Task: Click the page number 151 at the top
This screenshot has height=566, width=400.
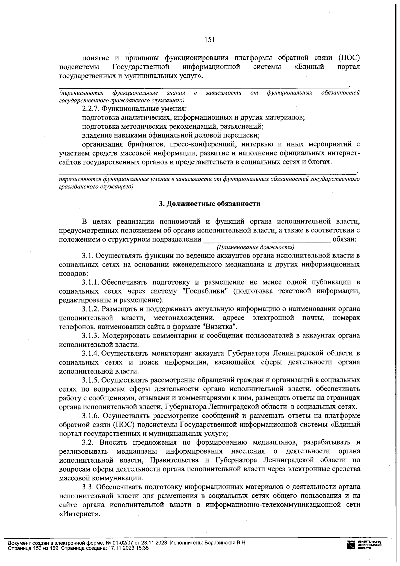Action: [x=209, y=40]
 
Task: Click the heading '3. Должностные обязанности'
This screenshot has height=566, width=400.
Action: [x=209, y=203]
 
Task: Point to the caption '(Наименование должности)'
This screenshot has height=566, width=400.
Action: [x=255, y=247]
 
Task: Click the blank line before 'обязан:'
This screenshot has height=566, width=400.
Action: [x=267, y=239]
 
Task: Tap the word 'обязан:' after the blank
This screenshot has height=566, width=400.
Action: [x=345, y=239]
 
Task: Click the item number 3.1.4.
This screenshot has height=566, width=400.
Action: [x=91, y=353]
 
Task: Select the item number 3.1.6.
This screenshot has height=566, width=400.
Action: [x=91, y=416]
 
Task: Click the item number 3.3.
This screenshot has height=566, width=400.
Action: [x=88, y=487]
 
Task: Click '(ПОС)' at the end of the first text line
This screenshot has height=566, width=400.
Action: [x=349, y=57]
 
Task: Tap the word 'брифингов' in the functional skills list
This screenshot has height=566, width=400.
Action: [x=149, y=144]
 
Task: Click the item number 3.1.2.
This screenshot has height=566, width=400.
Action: [x=91, y=309]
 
